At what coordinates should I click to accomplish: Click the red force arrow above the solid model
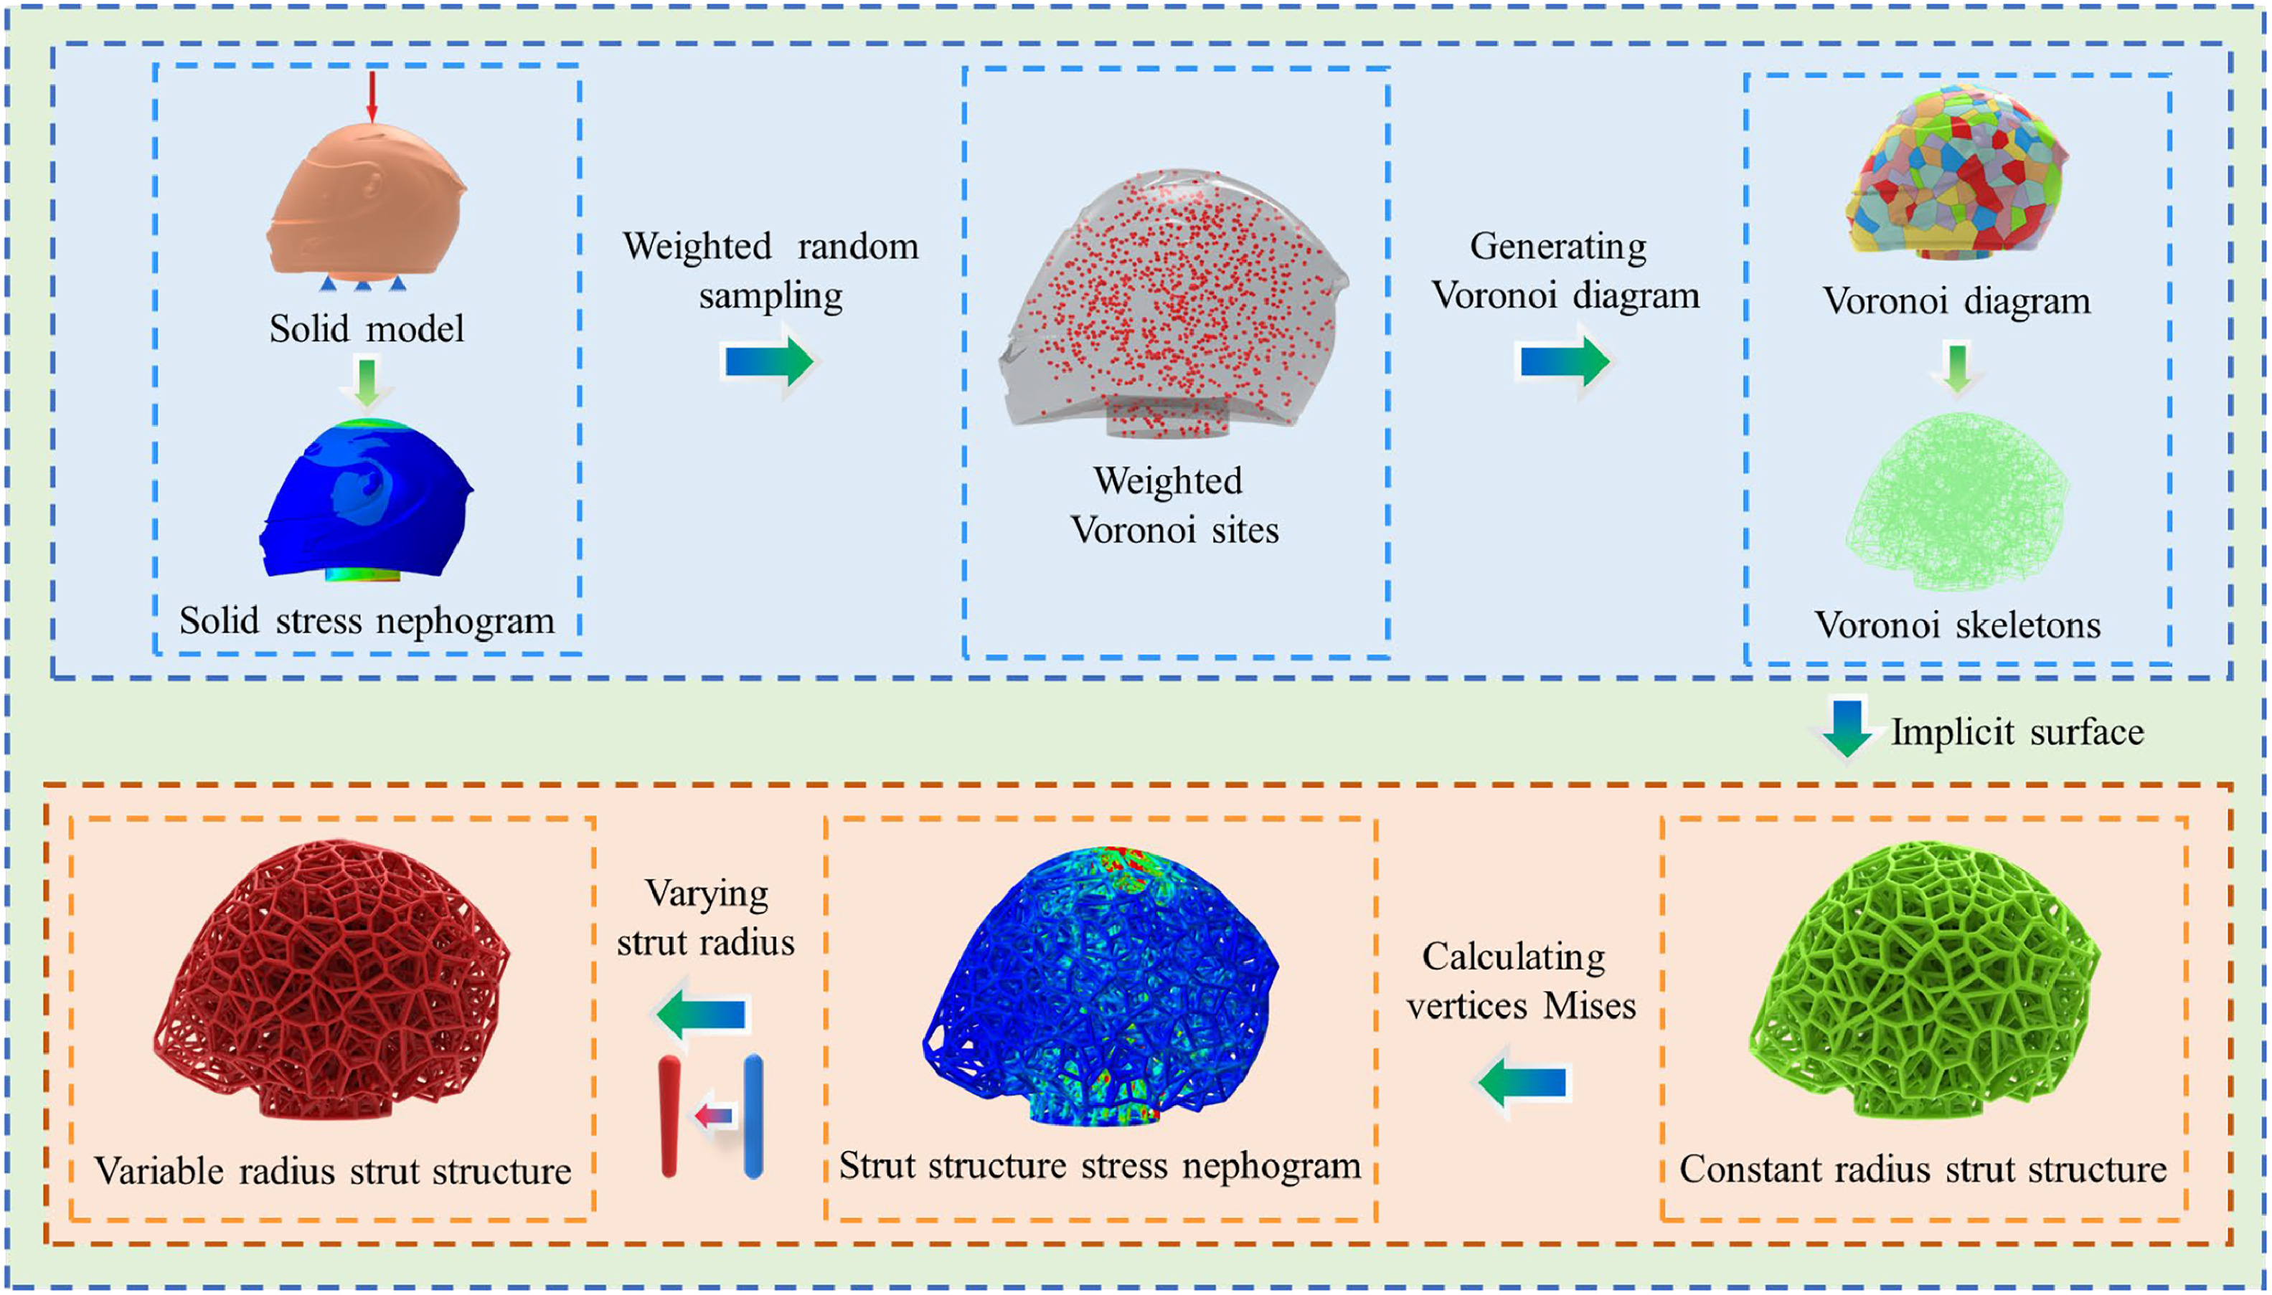tap(373, 96)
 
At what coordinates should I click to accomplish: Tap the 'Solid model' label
tap(367, 329)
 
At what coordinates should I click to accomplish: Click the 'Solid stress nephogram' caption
tap(367, 621)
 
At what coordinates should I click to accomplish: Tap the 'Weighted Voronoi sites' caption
tap(1172, 506)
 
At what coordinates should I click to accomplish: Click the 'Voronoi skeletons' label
tap(1957, 625)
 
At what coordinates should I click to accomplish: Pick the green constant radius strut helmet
tap(1924, 978)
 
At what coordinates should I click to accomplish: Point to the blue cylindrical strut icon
tap(753, 1116)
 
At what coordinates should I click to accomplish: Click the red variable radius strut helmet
tap(332, 978)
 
